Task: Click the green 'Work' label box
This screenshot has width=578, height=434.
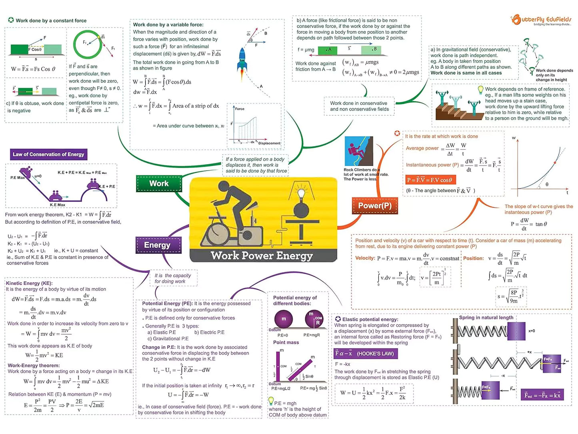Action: coord(159,184)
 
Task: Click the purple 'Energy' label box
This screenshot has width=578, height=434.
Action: coord(157,245)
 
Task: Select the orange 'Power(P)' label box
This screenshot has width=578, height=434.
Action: coord(374,206)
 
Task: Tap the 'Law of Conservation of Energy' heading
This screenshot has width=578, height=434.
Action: coord(48,155)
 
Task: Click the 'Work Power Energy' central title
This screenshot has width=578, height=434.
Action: coord(262,255)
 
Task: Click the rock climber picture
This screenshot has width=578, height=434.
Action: coord(358,152)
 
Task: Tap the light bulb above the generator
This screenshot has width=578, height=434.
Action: coord(301,194)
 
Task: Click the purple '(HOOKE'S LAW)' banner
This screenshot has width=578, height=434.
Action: coord(366,354)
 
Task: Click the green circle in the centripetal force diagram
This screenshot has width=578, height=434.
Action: coord(87,45)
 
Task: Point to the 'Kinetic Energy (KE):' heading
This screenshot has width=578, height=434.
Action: coord(29,283)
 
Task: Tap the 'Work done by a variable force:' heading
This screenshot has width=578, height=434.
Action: coord(168,25)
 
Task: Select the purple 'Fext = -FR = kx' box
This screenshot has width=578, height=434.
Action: coord(542,395)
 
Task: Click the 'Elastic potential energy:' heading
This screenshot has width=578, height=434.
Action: coord(370,319)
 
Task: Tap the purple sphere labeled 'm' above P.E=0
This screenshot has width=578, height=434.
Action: coord(284,319)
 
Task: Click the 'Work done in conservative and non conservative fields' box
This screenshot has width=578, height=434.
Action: coord(359,106)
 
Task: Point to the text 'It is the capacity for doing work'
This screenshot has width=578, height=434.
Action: coord(173,278)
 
